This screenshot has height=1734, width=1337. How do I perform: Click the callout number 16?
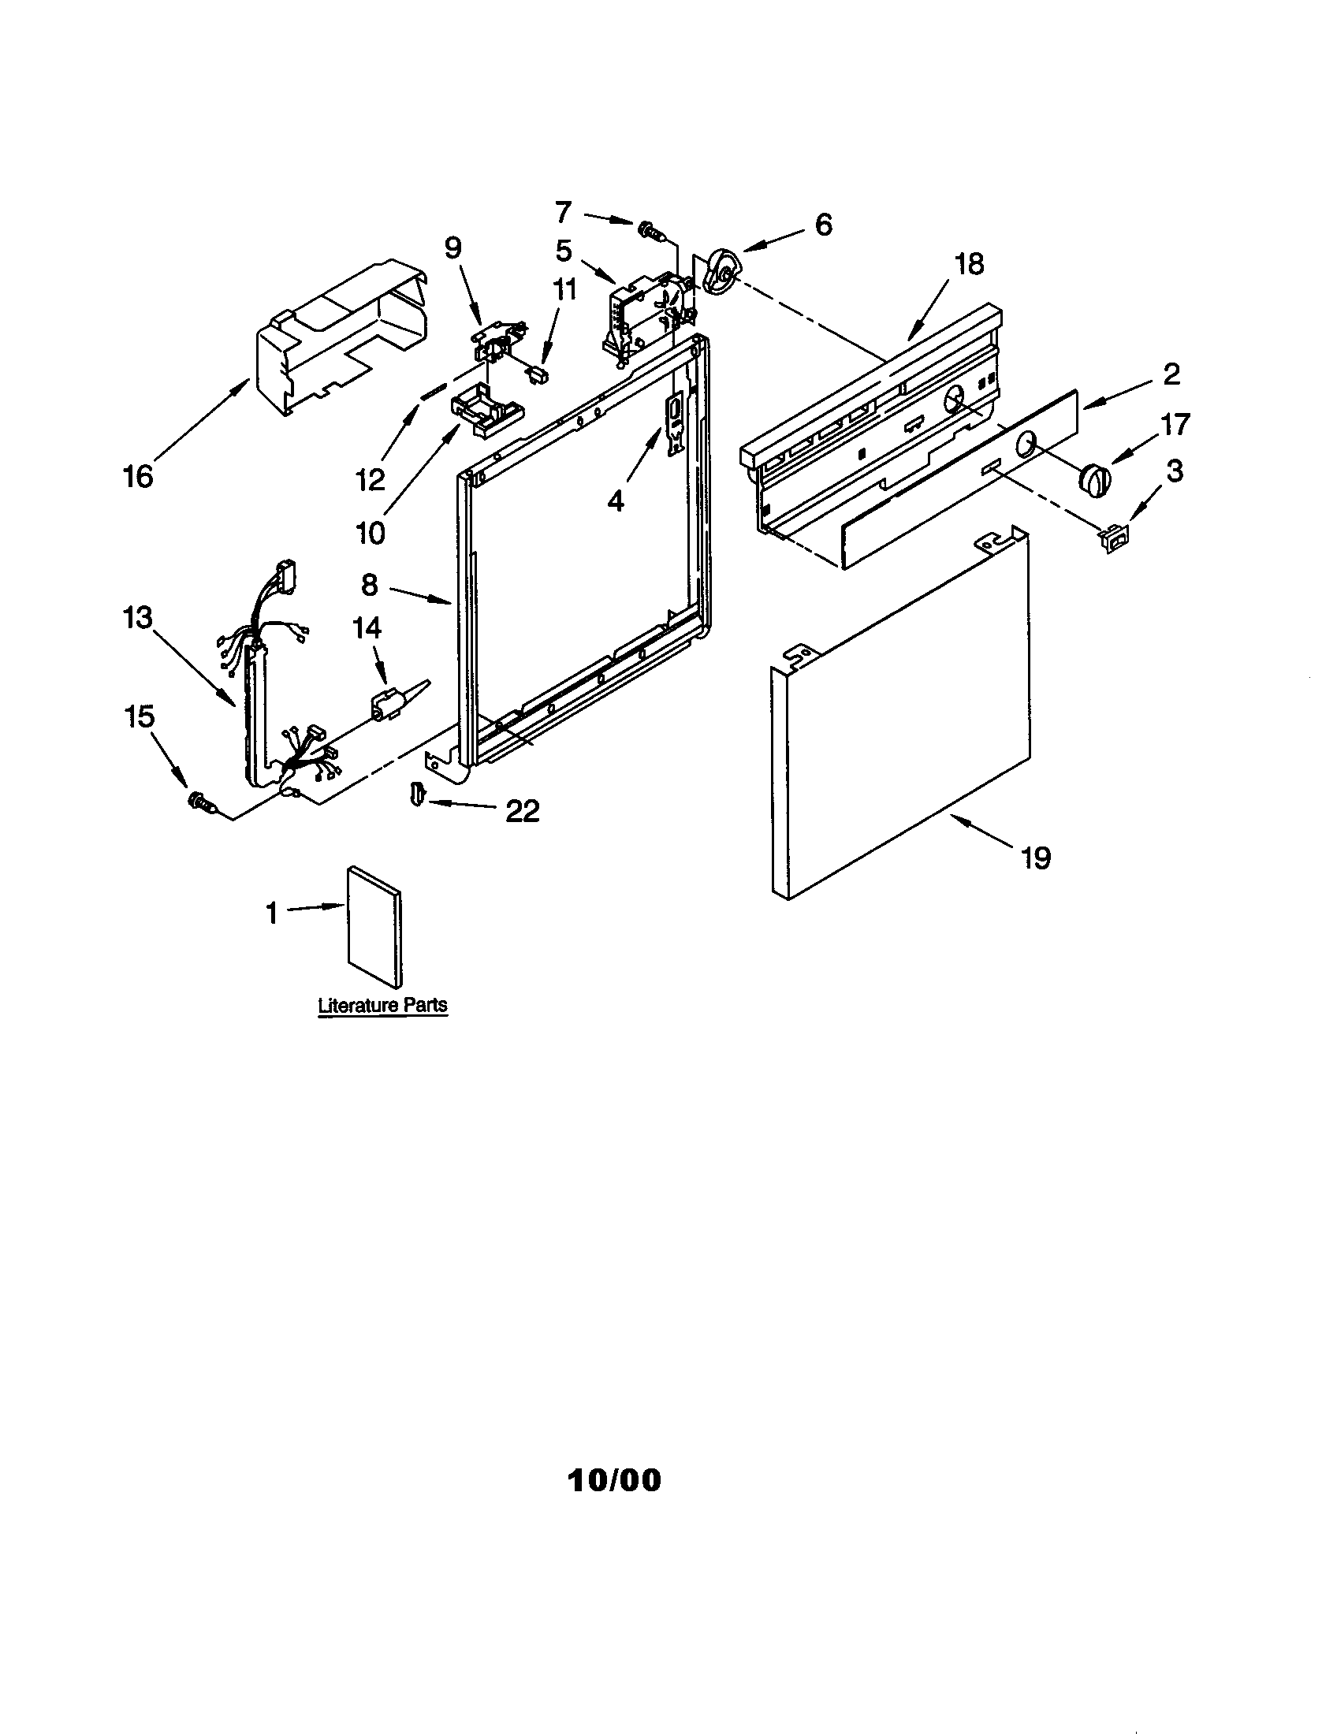(137, 476)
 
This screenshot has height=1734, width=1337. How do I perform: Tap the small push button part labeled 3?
(1112, 540)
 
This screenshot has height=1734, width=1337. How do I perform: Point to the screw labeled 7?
(649, 230)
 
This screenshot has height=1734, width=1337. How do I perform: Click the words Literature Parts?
(382, 1005)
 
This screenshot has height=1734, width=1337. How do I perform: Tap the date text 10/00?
(615, 1480)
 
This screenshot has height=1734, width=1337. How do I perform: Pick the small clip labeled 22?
(417, 792)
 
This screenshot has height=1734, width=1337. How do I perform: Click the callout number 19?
(1036, 858)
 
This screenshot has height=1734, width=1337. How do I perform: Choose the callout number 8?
(369, 585)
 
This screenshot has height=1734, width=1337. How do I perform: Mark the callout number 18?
(969, 263)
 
